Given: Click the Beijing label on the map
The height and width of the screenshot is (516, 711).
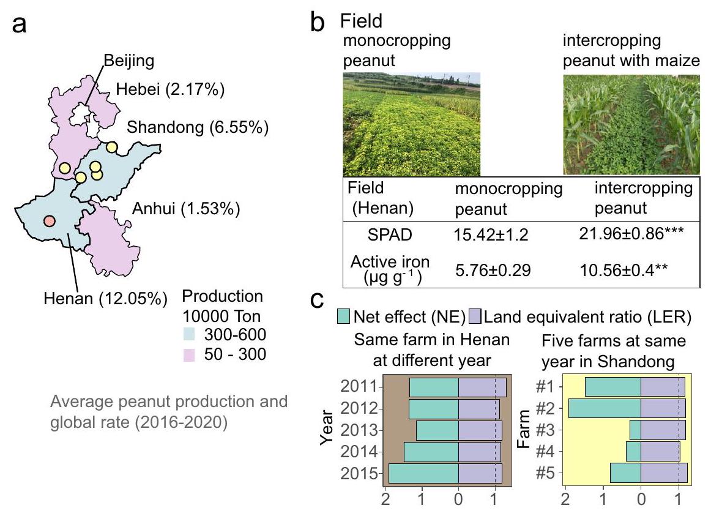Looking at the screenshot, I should tap(128, 61).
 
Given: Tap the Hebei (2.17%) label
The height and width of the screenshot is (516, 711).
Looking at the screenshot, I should tap(169, 91).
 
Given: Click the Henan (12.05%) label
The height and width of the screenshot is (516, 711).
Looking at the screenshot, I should tap(105, 299).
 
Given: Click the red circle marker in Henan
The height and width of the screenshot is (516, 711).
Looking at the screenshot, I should tap(50, 220).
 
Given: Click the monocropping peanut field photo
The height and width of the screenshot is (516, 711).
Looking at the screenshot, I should tap(411, 124).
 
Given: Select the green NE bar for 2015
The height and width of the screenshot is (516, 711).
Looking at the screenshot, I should tap(423, 474).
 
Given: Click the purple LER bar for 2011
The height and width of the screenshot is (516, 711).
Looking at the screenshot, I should tap(482, 387).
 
